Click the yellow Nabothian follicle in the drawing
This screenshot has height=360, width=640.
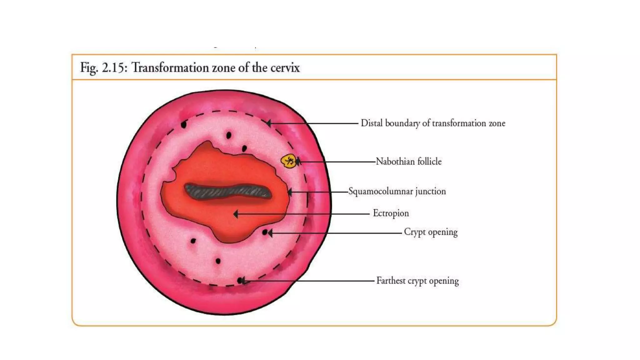pyautogui.click(x=288, y=161)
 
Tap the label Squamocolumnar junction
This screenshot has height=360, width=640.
pyautogui.click(x=397, y=191)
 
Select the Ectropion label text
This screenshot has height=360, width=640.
pyautogui.click(x=391, y=213)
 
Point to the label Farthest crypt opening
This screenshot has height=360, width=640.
pyautogui.click(x=417, y=281)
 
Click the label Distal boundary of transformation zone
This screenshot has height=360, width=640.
pyautogui.click(x=433, y=123)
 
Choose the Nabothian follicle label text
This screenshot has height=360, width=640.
pyautogui.click(x=408, y=162)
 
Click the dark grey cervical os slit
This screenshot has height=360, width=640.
pyautogui.click(x=227, y=191)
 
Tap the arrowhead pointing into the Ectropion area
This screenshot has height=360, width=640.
pyautogui.click(x=236, y=214)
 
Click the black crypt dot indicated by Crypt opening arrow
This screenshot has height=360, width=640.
pyautogui.click(x=265, y=232)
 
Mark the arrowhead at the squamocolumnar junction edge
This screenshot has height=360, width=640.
pyautogui.click(x=290, y=192)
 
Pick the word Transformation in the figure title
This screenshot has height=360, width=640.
pyautogui.click(x=170, y=67)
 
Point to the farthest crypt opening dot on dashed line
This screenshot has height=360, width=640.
pyautogui.click(x=240, y=281)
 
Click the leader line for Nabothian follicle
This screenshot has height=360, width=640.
pyautogui.click(x=337, y=162)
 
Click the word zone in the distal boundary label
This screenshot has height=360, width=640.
pyautogui.click(x=497, y=123)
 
